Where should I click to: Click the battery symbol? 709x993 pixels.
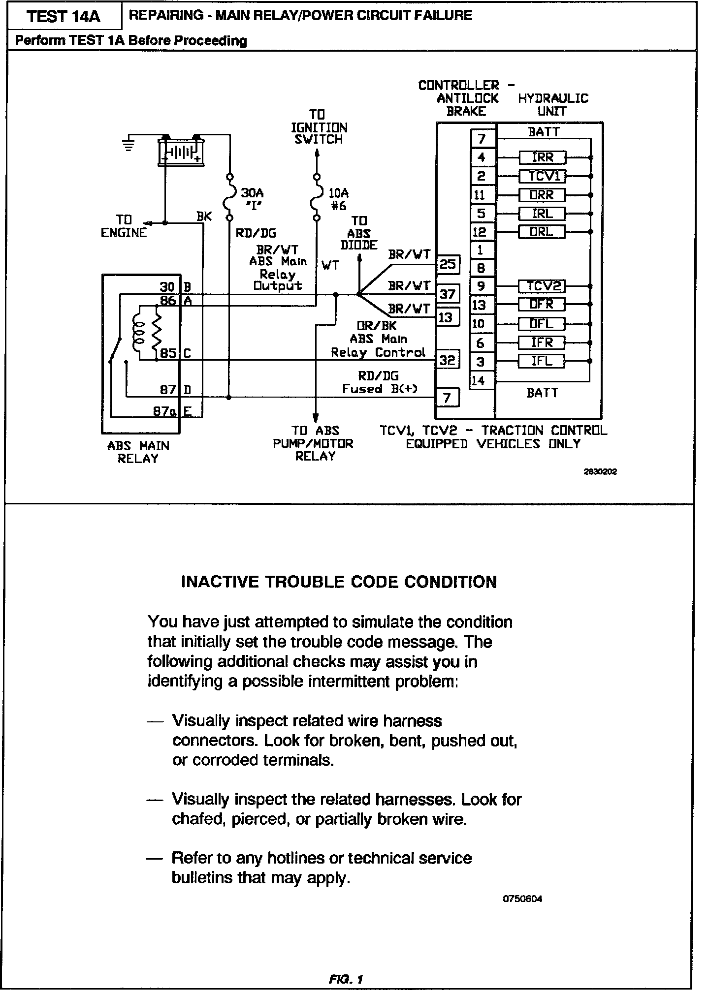tap(181, 151)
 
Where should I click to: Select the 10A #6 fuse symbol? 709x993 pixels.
tap(317, 197)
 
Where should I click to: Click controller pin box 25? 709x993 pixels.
tap(447, 265)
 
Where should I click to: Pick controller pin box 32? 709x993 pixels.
tap(447, 360)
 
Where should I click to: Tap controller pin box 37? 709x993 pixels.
tap(447, 294)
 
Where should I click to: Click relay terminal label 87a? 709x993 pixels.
tap(164, 411)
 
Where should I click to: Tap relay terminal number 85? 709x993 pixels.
tap(168, 353)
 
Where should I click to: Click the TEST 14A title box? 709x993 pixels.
tap(64, 16)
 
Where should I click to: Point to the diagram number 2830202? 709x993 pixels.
tap(600, 471)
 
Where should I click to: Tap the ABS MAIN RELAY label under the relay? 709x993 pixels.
tap(138, 452)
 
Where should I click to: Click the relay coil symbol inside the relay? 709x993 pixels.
tap(138, 330)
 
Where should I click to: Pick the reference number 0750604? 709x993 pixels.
tap(522, 899)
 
